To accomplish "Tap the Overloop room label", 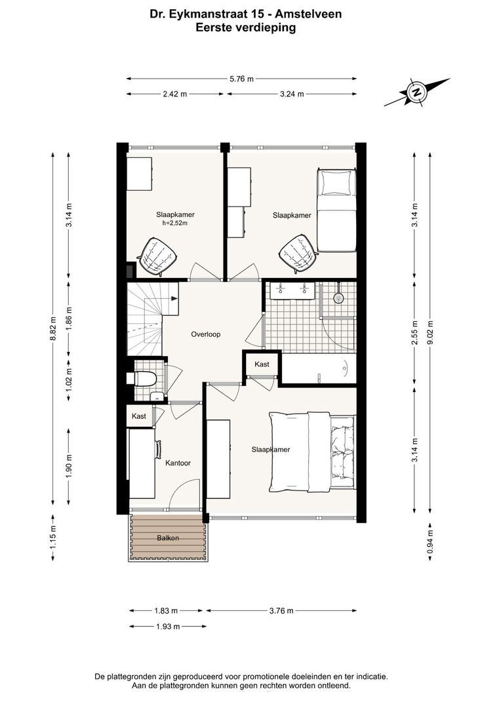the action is (205, 334).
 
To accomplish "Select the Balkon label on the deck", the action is (168, 538).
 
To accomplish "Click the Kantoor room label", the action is (178, 463).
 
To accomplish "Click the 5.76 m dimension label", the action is (242, 79).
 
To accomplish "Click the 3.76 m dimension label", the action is (281, 611).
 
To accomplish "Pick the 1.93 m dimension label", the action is (168, 626).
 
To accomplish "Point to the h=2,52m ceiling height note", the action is (175, 223).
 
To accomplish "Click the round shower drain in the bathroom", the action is (338, 298).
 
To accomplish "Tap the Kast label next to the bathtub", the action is (262, 364).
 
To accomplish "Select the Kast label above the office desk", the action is (138, 416).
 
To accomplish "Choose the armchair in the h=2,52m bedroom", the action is (156, 256).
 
